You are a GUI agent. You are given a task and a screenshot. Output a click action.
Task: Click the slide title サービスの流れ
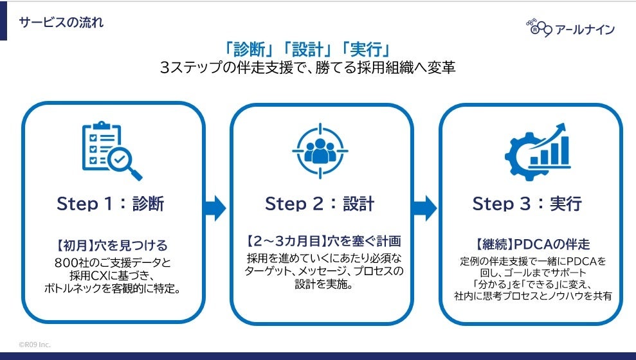(x=61, y=22)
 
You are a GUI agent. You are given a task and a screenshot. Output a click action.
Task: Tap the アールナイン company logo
(x=570, y=28)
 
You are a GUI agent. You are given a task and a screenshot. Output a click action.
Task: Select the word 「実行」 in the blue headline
(x=366, y=48)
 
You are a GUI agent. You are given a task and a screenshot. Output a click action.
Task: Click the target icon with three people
(x=320, y=149)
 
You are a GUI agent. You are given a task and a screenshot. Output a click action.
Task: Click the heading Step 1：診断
(x=111, y=204)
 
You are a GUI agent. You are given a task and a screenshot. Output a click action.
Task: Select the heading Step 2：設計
(x=320, y=204)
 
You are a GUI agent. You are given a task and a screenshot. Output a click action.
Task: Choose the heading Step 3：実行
(x=527, y=204)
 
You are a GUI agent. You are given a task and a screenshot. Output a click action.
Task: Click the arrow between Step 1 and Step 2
(x=215, y=208)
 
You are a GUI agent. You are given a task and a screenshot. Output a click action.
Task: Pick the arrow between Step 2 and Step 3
(x=425, y=208)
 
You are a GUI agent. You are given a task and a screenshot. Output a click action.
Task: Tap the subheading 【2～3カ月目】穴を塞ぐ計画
(x=323, y=242)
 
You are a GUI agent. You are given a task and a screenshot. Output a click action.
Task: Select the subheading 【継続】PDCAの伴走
(x=532, y=244)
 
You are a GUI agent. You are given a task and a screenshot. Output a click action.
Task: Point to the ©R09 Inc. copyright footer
(x=35, y=345)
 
